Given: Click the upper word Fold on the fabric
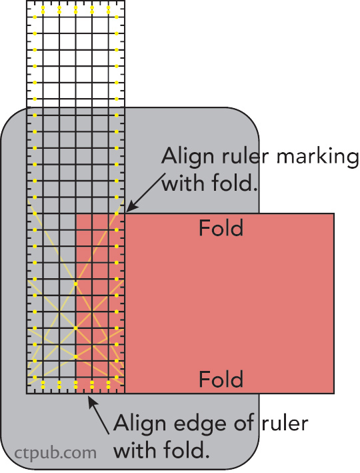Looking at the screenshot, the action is click(221, 228).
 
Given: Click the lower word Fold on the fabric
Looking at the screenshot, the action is click(221, 379).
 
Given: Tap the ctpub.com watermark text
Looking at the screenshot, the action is click(55, 453).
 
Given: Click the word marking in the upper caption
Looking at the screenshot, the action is click(317, 157).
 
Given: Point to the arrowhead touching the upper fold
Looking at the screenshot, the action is click(130, 207).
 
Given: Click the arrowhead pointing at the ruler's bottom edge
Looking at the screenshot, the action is click(92, 401).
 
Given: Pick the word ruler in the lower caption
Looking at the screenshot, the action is click(285, 424).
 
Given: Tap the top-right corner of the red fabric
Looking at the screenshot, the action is click(334, 213).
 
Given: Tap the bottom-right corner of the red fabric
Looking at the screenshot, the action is click(334, 394).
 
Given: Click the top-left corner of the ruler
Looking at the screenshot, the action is click(27, 1).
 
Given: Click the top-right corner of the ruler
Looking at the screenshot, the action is click(125, 1).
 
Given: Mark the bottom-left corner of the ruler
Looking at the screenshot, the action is click(27, 394).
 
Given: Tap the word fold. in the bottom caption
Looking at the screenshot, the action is click(186, 450).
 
